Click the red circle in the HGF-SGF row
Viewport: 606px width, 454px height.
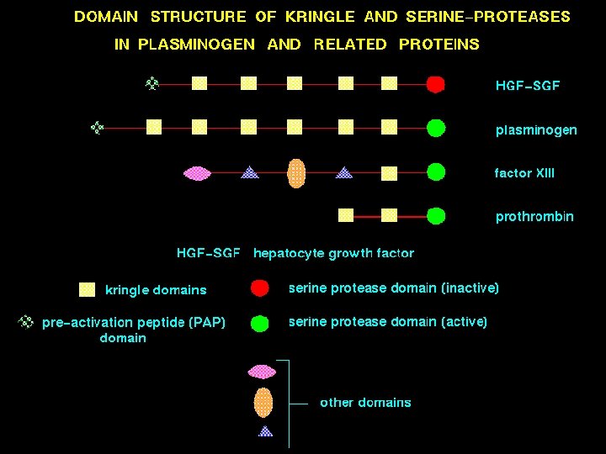pos(435,84)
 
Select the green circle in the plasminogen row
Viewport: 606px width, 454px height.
pos(435,129)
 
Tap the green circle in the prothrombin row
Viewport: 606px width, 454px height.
pos(435,216)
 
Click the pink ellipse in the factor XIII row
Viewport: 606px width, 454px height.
pos(197,173)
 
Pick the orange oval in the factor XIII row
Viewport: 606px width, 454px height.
pos(295,173)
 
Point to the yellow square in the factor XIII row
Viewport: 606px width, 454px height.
pos(389,173)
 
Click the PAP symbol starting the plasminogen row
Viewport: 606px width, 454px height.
pos(98,128)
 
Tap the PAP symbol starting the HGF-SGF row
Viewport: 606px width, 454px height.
pos(152,83)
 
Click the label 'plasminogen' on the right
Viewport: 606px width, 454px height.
pos(536,129)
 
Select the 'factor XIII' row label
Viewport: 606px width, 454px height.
pos(524,173)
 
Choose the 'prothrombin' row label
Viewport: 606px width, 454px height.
pos(534,217)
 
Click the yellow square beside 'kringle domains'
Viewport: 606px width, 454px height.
pos(87,290)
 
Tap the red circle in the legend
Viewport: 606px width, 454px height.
pos(260,288)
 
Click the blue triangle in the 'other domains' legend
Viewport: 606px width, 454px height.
pos(266,431)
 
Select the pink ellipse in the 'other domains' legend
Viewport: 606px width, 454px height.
pos(263,371)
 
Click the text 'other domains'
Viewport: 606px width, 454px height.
pos(365,403)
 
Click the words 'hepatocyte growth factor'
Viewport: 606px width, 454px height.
pos(333,253)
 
